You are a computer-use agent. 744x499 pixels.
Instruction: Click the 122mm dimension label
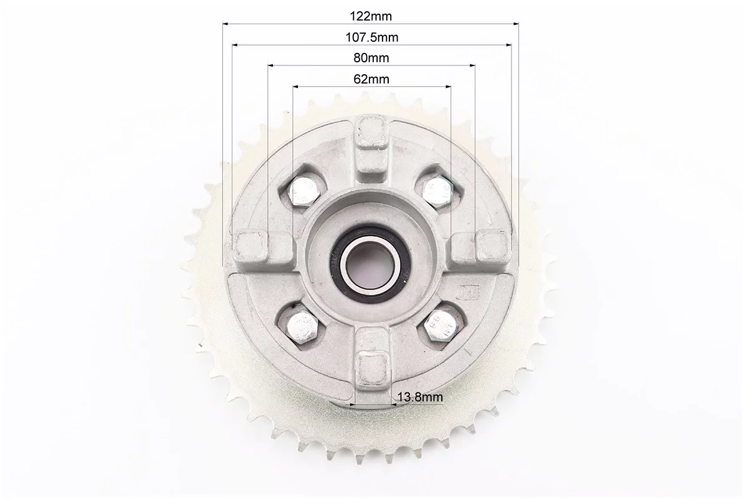click(371, 16)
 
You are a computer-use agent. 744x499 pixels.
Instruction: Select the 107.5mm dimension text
click(371, 37)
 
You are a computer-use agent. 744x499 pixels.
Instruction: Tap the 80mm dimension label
click(371, 58)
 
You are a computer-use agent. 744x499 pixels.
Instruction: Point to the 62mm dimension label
click(371, 79)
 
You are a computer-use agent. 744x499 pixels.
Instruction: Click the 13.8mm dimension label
click(420, 397)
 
